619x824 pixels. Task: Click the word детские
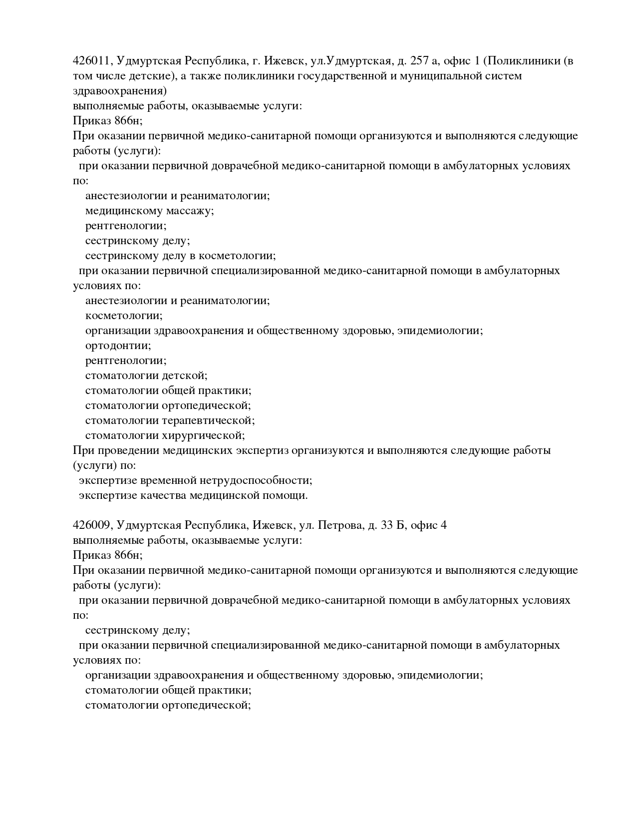[150, 76]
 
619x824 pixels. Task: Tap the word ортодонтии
[118, 346]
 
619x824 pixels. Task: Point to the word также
[205, 76]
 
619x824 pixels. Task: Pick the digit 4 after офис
[444, 525]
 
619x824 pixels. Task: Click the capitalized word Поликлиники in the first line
[522, 61]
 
